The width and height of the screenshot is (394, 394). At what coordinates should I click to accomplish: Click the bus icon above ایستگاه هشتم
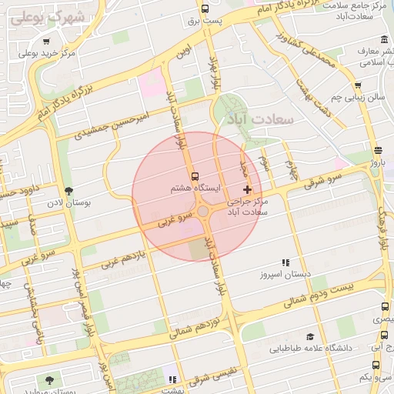[194, 175]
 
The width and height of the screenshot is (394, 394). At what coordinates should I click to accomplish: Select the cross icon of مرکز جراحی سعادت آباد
[246, 189]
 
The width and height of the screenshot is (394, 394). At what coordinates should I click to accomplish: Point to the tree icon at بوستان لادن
[69, 191]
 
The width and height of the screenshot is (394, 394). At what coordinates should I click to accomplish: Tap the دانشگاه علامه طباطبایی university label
[311, 348]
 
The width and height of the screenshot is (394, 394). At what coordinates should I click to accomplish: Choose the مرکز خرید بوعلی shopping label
[46, 53]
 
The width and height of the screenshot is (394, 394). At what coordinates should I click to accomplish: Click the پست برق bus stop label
[205, 21]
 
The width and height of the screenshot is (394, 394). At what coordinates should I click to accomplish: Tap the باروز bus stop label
[376, 163]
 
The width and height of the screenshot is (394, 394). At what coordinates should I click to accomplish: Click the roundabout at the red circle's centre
[202, 211]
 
